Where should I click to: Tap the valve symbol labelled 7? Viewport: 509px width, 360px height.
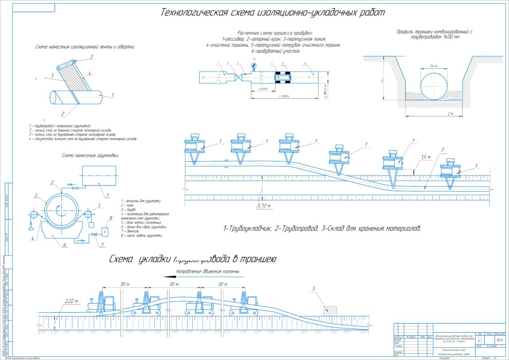(x=94, y=235)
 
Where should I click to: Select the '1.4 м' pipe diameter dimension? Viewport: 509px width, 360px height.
(x=434, y=66)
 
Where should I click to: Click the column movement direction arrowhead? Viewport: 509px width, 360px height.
(x=170, y=277)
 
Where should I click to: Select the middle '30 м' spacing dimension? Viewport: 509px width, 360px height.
(x=174, y=284)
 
